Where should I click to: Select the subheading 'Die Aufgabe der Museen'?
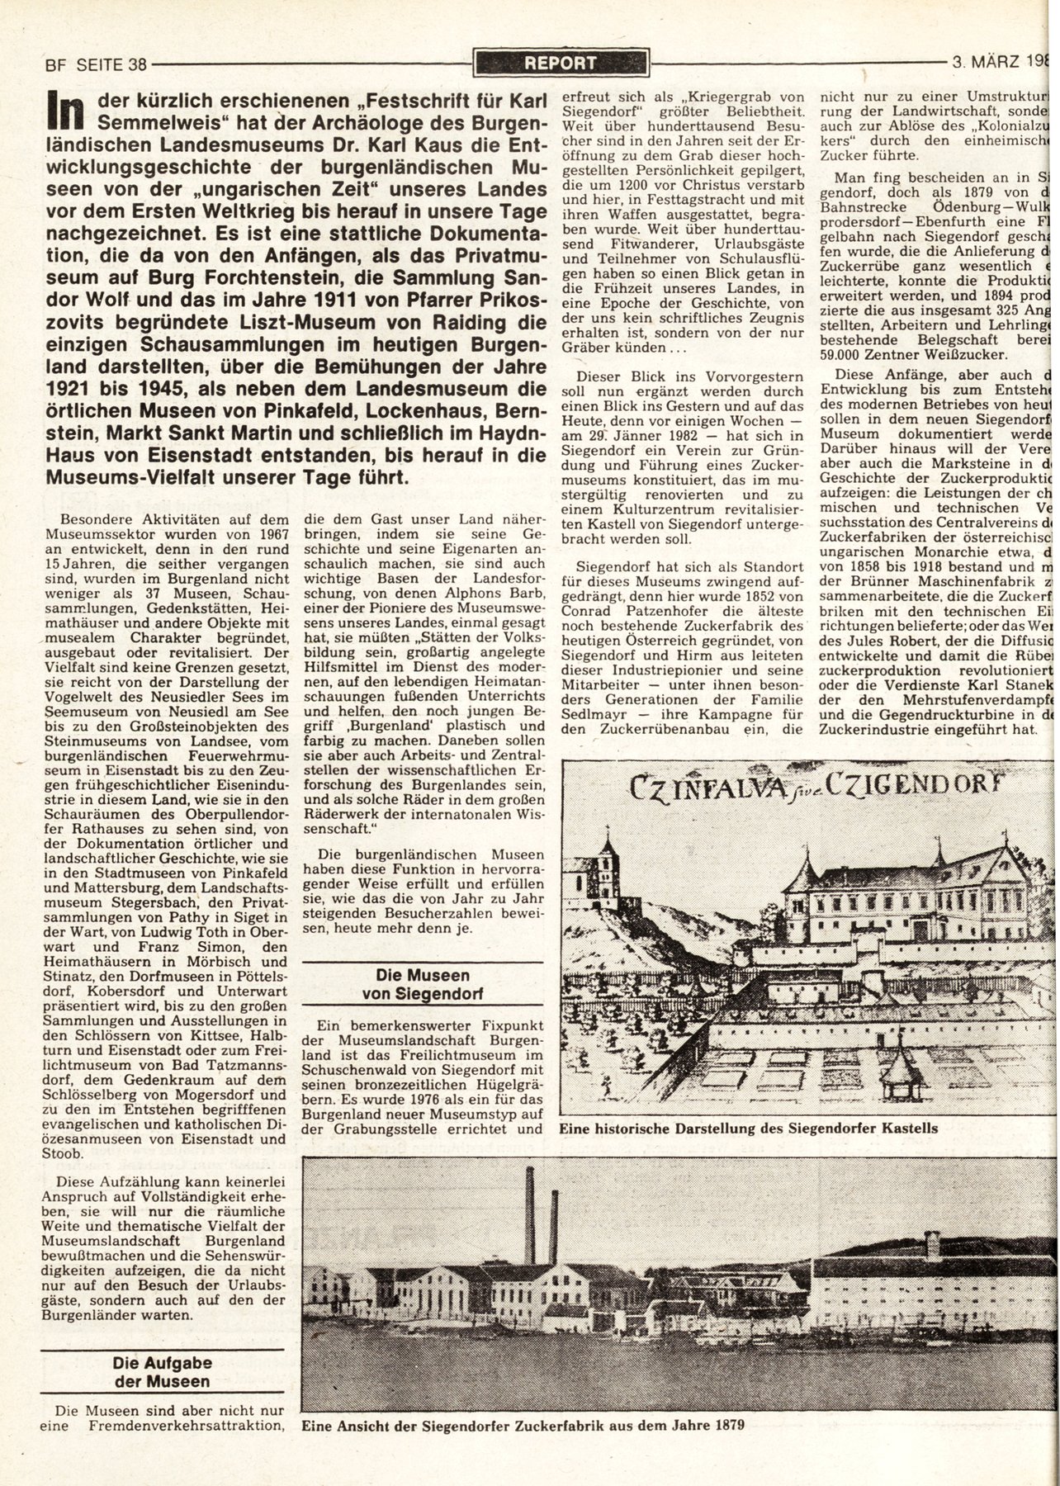[161, 1373]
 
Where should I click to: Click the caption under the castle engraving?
[748, 1128]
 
